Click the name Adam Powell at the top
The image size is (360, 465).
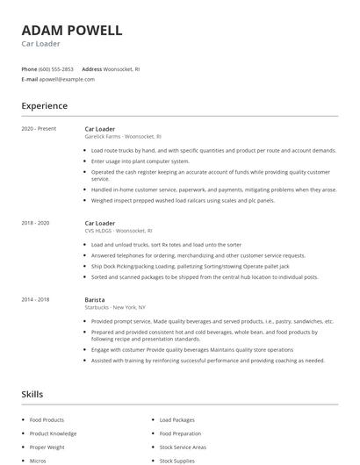(72, 31)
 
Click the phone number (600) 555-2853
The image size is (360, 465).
(56, 68)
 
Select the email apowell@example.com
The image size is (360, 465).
(67, 79)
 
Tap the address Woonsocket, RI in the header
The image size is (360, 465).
(122, 68)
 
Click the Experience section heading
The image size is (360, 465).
(45, 106)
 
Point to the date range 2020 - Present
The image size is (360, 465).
(39, 129)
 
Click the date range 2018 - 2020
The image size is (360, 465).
(36, 224)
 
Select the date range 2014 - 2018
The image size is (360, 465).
(36, 300)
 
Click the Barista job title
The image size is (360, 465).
(95, 300)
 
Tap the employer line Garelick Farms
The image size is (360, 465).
(123, 137)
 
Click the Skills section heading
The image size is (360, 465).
(32, 395)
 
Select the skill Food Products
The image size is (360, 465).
(47, 420)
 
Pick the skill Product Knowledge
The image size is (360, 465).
(53, 433)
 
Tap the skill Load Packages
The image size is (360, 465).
(177, 420)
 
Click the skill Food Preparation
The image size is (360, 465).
(180, 433)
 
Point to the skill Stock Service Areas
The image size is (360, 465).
(183, 447)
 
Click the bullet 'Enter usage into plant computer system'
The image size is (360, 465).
(140, 161)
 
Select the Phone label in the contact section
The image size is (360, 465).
(30, 68)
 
